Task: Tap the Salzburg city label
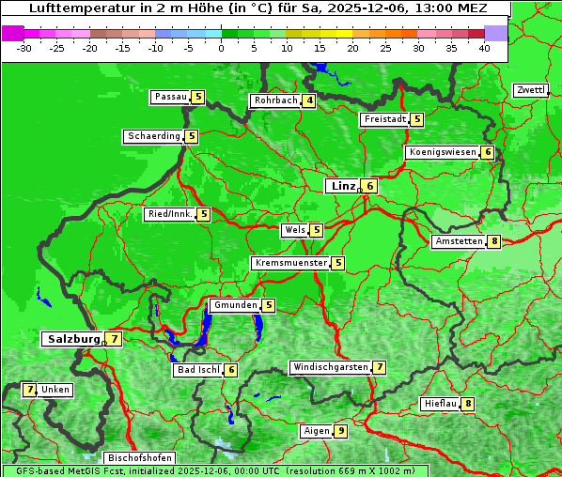click(72, 338)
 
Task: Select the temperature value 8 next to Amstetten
click(494, 241)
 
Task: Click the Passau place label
click(170, 97)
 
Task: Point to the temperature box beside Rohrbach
click(310, 100)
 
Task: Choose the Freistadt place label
click(384, 119)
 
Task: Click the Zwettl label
click(530, 90)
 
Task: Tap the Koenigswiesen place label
click(442, 152)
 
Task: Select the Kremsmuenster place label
click(290, 263)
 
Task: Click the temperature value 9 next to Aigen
click(340, 431)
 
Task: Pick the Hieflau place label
click(440, 404)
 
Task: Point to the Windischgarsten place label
click(329, 367)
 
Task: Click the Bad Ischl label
click(196, 370)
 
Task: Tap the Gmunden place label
click(234, 305)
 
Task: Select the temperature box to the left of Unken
click(30, 389)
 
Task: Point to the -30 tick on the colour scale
click(24, 47)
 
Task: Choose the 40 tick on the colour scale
click(484, 47)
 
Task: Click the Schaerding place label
click(153, 136)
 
